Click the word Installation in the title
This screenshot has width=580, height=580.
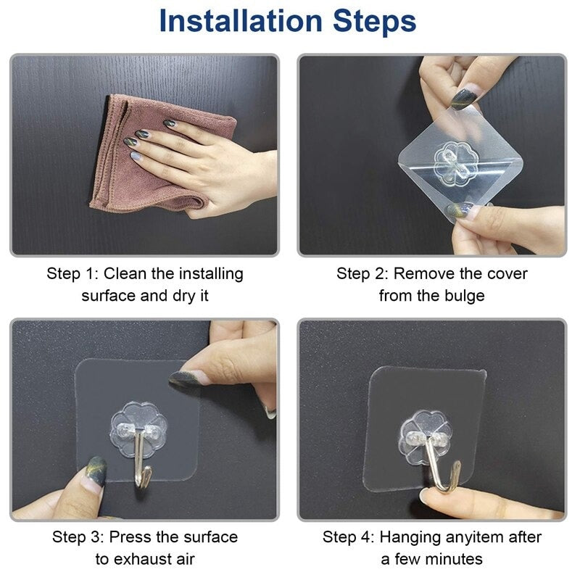tap(241, 21)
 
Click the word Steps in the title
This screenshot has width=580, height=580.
tap(374, 21)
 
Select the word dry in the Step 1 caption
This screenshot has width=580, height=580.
tap(184, 297)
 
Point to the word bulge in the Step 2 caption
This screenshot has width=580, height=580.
tap(464, 297)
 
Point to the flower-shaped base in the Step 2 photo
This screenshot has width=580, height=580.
tap(456, 162)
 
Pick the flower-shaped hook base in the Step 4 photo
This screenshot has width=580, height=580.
tap(426, 437)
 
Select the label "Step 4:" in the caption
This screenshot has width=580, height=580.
tap(348, 537)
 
